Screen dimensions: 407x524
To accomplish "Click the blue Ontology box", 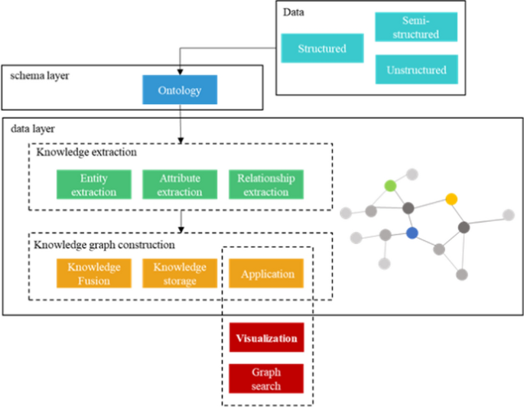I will (x=180, y=90).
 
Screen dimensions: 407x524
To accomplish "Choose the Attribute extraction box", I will (x=180, y=185).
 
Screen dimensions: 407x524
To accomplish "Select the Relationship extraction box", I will (x=266, y=185).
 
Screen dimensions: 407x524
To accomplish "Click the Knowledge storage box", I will (x=180, y=274).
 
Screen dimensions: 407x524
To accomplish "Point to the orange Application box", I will (x=267, y=274).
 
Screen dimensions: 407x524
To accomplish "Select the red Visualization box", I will (x=267, y=337).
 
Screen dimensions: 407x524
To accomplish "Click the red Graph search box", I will (x=267, y=379).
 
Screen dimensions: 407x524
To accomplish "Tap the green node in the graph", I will (x=390, y=185).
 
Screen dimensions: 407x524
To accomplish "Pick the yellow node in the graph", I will (x=451, y=199).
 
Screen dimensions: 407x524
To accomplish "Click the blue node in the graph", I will (x=413, y=233).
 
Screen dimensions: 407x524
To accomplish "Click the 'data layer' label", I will (x=28, y=130).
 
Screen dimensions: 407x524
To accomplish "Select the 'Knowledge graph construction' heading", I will (x=104, y=245).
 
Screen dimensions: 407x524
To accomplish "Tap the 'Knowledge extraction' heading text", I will (x=86, y=152).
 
